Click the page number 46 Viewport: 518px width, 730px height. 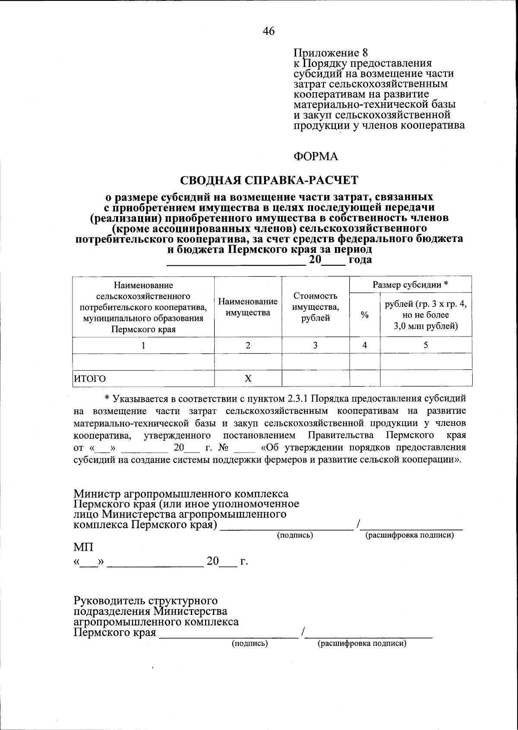[x=268, y=31]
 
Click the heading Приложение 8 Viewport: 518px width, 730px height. [x=331, y=53]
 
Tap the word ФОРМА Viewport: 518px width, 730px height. [x=316, y=156]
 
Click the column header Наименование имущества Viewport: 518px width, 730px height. [x=248, y=307]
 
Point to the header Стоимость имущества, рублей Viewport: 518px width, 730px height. [x=316, y=307]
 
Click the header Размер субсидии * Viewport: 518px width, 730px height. [x=411, y=285]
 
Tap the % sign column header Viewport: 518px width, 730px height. [x=365, y=315]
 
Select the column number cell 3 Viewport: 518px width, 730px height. [x=316, y=345]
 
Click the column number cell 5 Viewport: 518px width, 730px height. [x=426, y=345]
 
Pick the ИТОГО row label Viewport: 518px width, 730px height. [x=89, y=379]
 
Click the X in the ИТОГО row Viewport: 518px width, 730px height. [x=248, y=379]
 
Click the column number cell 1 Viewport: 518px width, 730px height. [x=143, y=345]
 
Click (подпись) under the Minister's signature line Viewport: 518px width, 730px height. [x=295, y=535]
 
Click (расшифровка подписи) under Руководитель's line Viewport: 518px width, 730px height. [x=362, y=644]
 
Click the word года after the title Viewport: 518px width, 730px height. [x=360, y=260]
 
